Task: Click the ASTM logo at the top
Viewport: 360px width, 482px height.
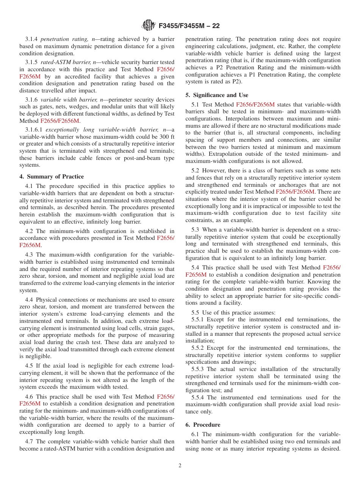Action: point(148,25)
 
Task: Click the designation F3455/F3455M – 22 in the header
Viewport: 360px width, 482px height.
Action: point(189,26)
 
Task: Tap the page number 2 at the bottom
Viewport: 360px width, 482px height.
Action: point(180,465)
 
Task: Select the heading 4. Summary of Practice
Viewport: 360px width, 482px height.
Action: point(52,177)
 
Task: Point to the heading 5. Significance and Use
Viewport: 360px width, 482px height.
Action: point(217,95)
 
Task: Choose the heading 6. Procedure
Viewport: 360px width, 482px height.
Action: point(203,425)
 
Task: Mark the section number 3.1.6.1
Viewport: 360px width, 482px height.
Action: point(34,130)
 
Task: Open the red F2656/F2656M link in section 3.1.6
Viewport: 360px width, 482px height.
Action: point(60,121)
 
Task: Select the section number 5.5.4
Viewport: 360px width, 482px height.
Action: point(199,397)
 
